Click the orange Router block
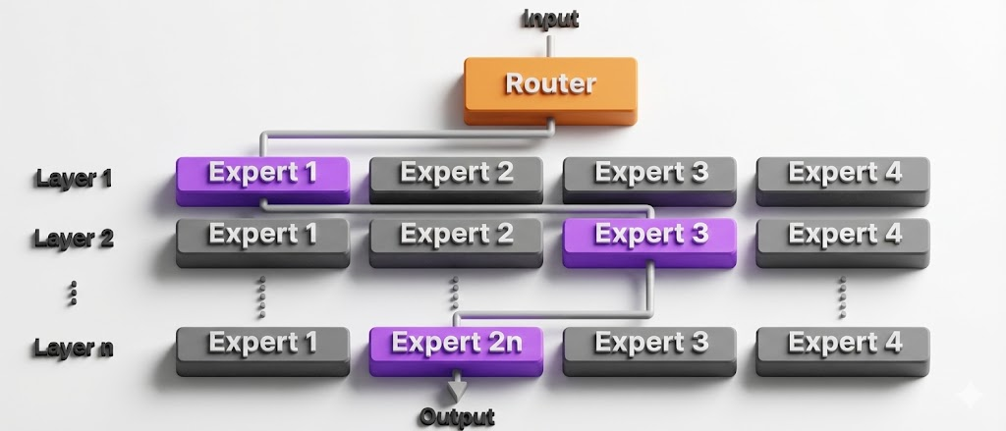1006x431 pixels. point(550,85)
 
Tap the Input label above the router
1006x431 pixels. point(550,19)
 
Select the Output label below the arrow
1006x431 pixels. point(457,417)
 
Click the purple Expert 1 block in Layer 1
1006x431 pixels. point(262,175)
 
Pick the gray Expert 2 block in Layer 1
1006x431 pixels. point(456,175)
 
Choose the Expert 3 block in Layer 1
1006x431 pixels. point(649,175)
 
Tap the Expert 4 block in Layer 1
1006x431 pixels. point(843,175)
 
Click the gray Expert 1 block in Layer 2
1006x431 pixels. point(262,237)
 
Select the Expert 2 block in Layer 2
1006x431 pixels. point(456,237)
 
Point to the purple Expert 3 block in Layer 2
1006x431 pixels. point(649,237)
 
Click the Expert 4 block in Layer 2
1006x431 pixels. point(843,237)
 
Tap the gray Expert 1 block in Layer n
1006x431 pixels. point(262,345)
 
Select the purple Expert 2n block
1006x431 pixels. point(456,345)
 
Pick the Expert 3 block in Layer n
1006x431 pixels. point(649,345)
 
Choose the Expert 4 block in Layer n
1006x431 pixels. point(843,345)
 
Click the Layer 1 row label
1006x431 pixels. point(74,179)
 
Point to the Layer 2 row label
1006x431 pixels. point(74,239)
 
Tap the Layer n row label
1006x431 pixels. point(74,348)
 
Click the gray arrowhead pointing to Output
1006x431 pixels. point(457,389)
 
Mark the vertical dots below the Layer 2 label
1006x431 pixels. point(74,292)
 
